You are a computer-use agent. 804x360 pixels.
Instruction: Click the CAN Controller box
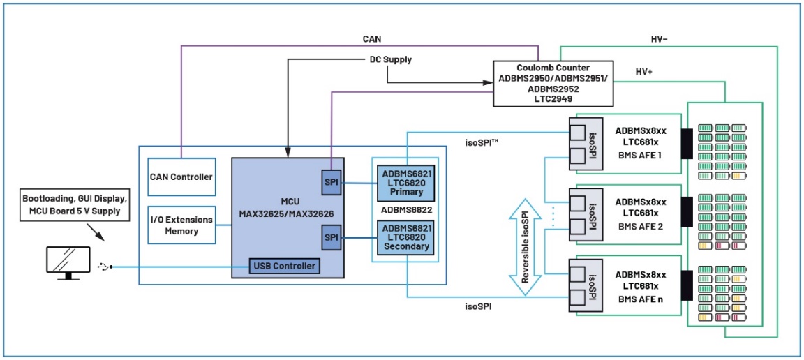pos(181,177)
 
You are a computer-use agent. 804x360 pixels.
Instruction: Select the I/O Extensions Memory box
pos(181,225)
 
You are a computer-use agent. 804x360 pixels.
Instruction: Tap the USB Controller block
pos(285,266)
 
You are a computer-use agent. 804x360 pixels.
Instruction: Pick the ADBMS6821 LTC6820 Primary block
pos(405,183)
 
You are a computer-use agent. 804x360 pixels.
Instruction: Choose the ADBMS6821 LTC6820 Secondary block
pos(405,237)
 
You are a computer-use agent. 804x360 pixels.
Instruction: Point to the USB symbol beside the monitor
pos(105,266)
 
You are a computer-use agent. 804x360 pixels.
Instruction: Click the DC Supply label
pos(390,59)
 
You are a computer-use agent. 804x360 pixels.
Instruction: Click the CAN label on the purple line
pos(371,39)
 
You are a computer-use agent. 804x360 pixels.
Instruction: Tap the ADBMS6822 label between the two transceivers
pos(405,209)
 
